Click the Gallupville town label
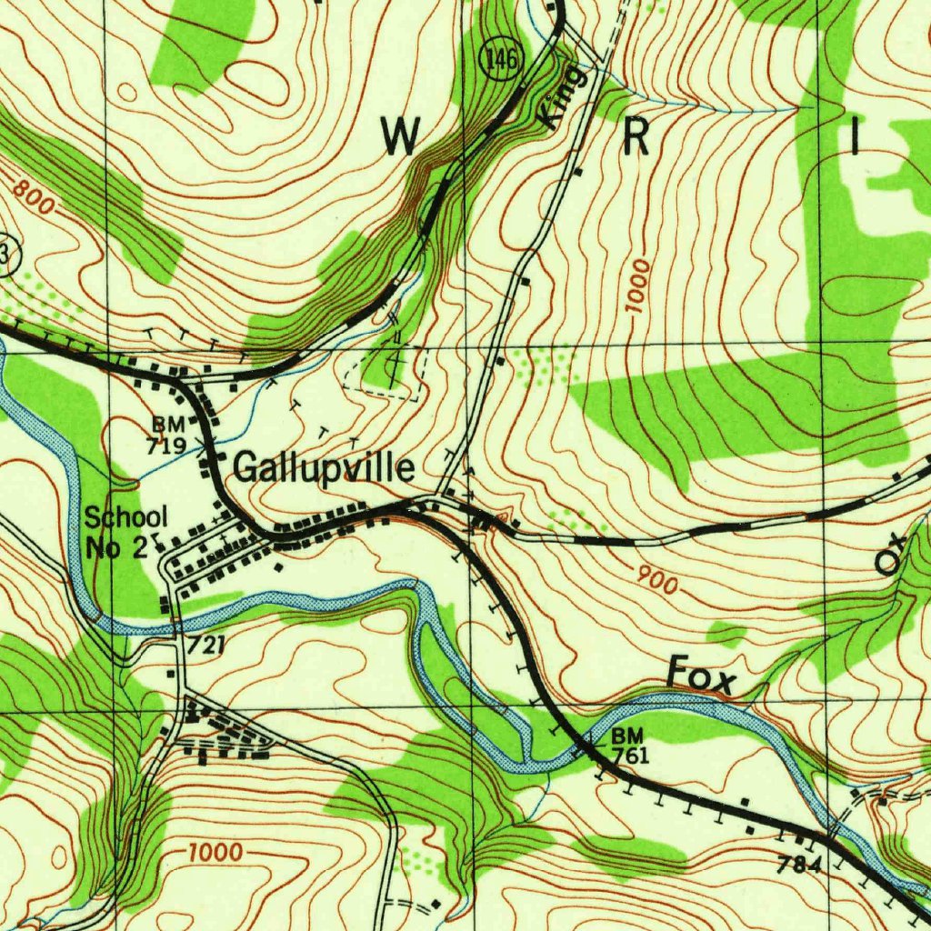tap(325, 468)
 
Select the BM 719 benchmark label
tap(168, 435)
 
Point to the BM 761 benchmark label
tap(629, 745)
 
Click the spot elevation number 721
tap(206, 646)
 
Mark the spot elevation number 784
tap(800, 865)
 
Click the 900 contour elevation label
tap(657, 580)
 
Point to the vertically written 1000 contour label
tap(639, 287)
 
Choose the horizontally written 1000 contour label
tap(216, 853)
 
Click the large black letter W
tap(400, 137)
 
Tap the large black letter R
tap(636, 137)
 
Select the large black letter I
tap(854, 137)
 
